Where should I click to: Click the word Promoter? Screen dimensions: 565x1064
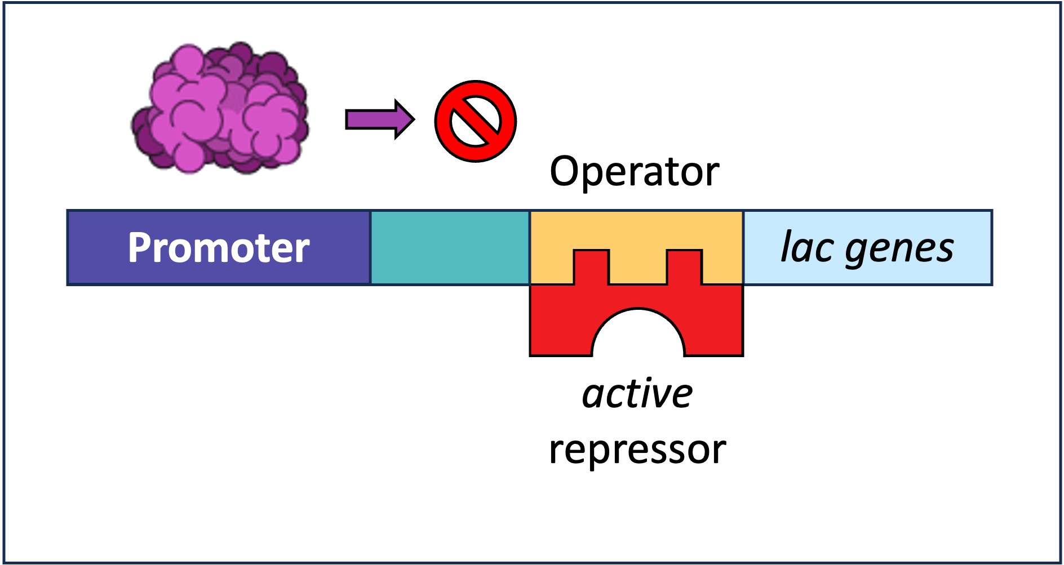click(x=219, y=248)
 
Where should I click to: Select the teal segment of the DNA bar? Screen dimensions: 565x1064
click(x=450, y=248)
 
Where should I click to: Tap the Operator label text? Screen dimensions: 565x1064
click(x=634, y=171)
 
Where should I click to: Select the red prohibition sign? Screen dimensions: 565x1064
click(x=475, y=121)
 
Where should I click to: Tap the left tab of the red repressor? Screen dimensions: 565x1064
click(x=591, y=267)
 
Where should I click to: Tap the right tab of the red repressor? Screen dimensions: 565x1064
click(x=684, y=267)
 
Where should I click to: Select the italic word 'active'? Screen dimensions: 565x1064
click(x=637, y=394)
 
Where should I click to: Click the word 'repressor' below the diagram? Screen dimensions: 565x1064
click(x=637, y=450)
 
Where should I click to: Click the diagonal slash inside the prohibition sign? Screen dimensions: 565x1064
click(x=475, y=121)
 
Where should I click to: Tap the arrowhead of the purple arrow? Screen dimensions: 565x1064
click(x=405, y=119)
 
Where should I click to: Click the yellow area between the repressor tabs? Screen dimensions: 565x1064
click(x=638, y=268)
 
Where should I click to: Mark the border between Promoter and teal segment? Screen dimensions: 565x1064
click(x=370, y=248)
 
